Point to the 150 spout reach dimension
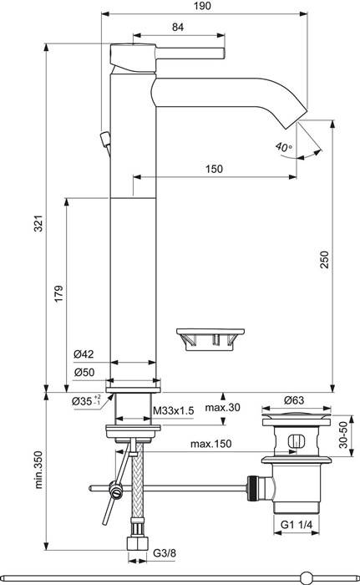(215, 170)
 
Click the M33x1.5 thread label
(176, 410)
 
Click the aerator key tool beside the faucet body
(211, 338)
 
